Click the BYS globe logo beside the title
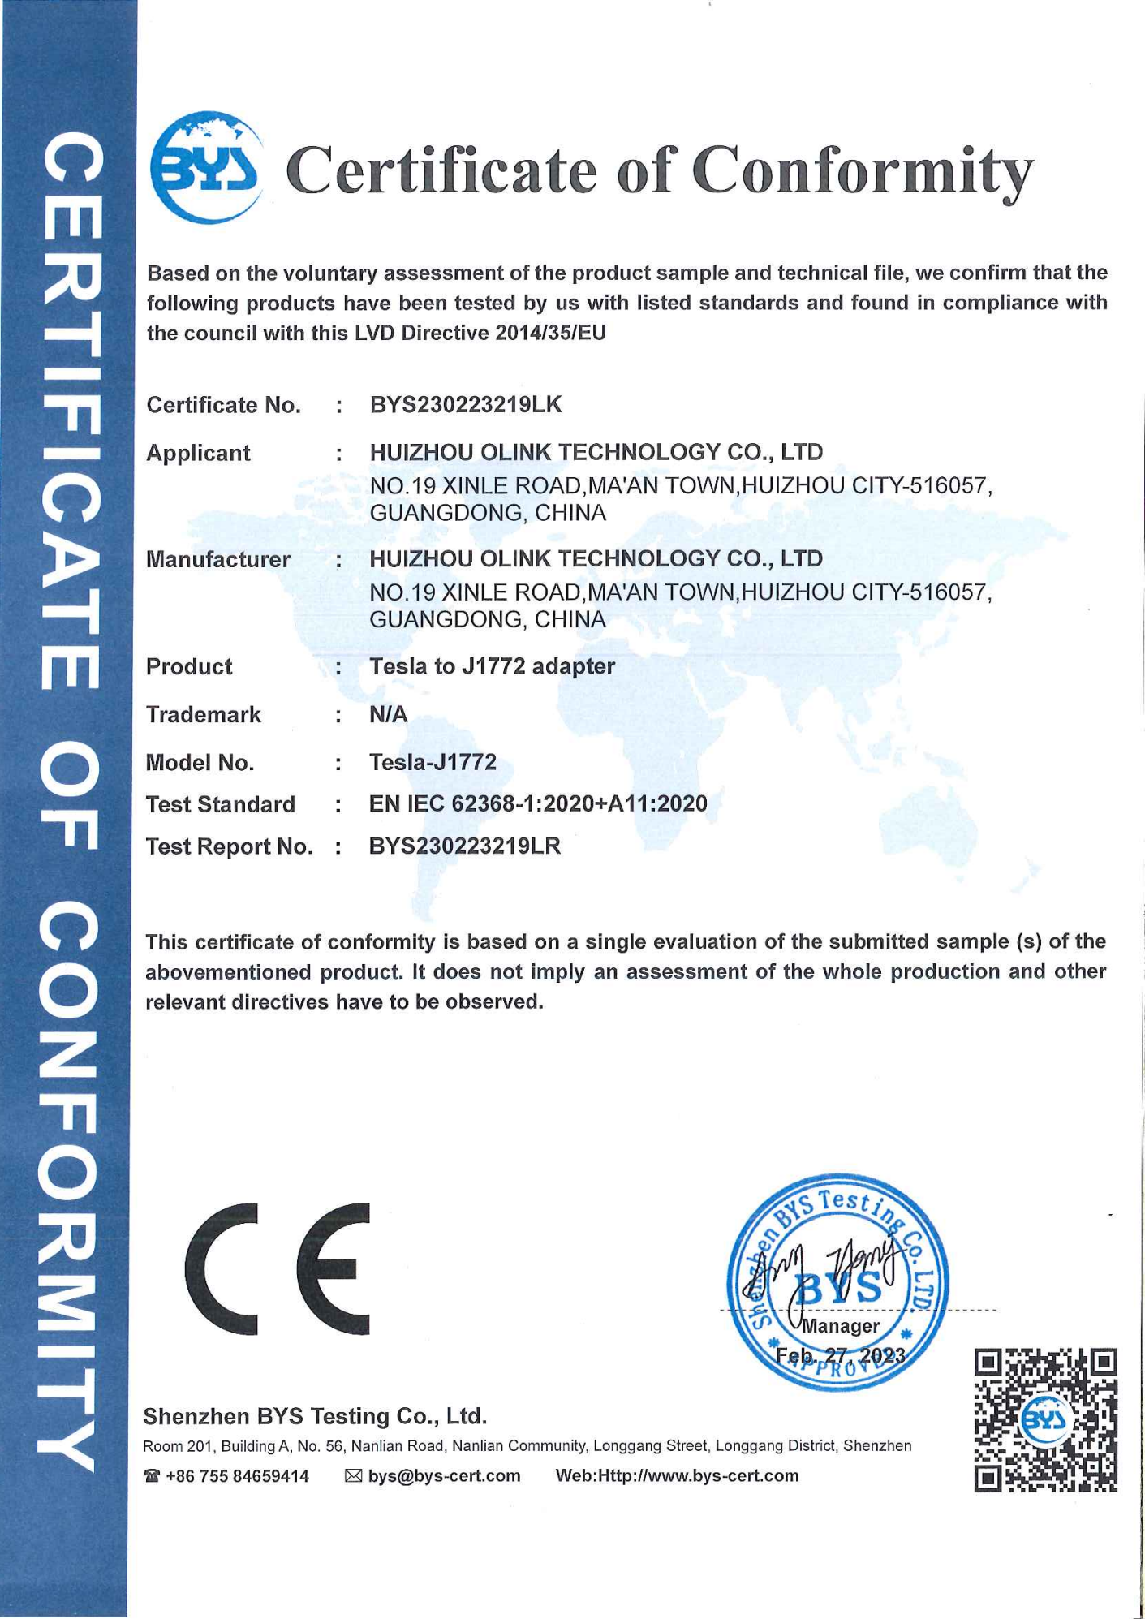(206, 167)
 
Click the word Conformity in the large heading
(863, 171)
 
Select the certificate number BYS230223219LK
(465, 404)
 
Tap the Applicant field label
(198, 453)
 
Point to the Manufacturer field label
(217, 559)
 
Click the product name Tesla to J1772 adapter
(492, 666)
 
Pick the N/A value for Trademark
(388, 714)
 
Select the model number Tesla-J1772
(433, 762)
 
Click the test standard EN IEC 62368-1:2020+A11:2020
(538, 803)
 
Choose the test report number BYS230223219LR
(465, 846)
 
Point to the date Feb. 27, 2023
(840, 1356)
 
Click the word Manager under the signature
(841, 1325)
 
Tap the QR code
(1045, 1420)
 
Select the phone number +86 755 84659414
(236, 1476)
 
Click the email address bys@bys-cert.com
(444, 1476)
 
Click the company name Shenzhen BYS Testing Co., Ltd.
(315, 1416)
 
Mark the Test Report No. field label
(229, 846)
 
